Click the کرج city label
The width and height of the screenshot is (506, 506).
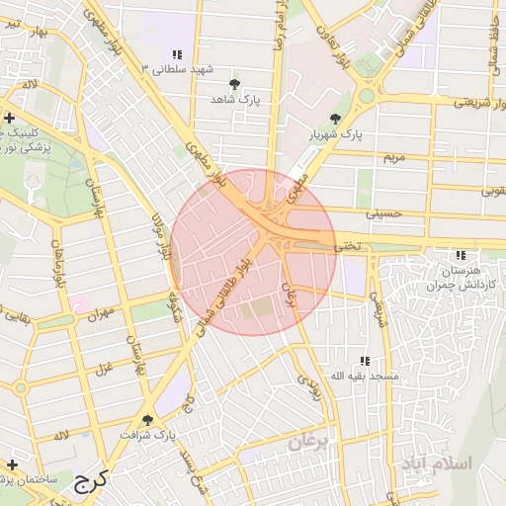pos(89,481)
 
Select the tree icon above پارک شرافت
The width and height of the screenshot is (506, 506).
pos(147,420)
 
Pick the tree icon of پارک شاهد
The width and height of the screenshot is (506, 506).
pos(234,85)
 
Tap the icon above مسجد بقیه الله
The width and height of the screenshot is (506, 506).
pos(365,362)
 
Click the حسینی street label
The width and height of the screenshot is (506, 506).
pos(384,211)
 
